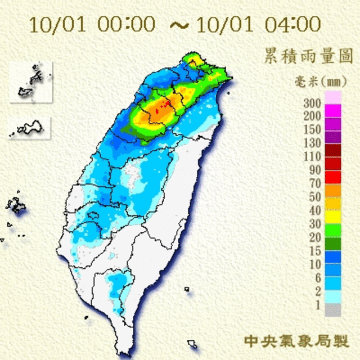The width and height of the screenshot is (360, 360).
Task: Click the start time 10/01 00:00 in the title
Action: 92,25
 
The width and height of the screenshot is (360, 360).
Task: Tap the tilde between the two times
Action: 177,25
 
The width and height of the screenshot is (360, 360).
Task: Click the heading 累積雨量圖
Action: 308,56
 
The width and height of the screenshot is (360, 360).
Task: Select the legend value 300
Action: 312,103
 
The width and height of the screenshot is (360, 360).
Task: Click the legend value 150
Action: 312,130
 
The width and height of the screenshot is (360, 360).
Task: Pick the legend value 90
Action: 314,169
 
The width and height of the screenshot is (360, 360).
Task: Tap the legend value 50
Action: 314,196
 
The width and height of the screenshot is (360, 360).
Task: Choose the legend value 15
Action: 314,251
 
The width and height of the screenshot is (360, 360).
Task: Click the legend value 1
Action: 317,305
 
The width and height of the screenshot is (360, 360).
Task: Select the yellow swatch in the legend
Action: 334,215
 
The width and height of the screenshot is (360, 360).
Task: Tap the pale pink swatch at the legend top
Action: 334,97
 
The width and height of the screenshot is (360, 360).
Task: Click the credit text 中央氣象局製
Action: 296,340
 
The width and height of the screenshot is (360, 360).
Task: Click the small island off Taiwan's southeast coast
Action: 192,343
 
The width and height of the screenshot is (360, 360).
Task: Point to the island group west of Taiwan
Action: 16,206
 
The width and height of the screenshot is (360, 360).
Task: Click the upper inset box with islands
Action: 31,83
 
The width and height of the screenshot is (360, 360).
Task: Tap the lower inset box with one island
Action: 29,129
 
